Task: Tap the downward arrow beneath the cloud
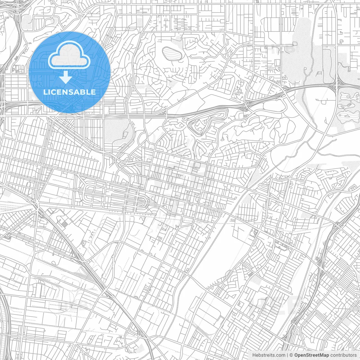coord(66,77)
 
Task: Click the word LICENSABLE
coord(69,92)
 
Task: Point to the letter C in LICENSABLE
coord(55,92)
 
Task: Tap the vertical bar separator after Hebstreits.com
coord(287,355)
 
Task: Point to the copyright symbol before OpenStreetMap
coord(291,355)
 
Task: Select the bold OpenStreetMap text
coord(311,355)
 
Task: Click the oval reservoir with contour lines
coord(172,53)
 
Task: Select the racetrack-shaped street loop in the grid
coord(115,197)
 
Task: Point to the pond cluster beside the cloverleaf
coord(348,104)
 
